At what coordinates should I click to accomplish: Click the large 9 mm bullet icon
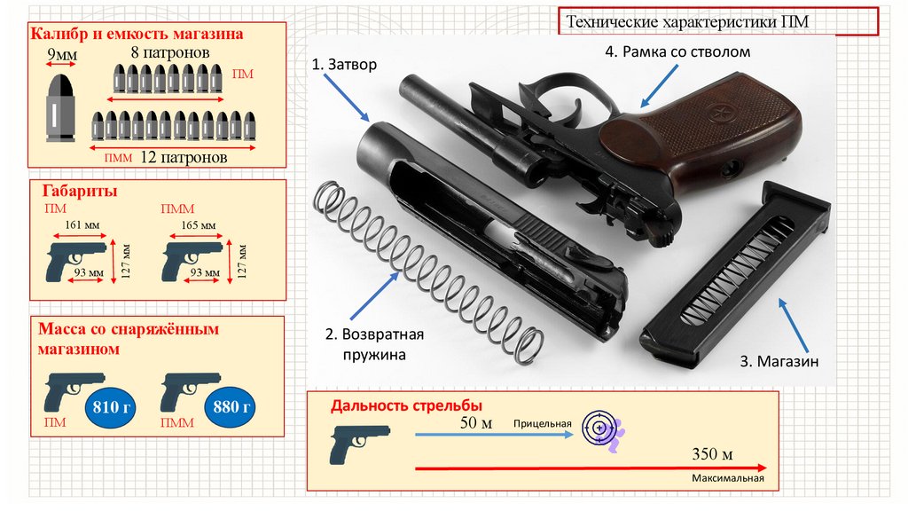(x=61, y=109)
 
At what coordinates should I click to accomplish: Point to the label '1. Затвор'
(x=344, y=66)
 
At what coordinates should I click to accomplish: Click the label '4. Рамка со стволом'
(x=677, y=52)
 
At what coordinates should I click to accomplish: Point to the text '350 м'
(x=712, y=455)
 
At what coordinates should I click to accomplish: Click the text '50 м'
(x=476, y=423)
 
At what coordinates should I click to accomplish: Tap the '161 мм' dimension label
(x=80, y=225)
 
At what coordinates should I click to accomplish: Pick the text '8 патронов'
(x=170, y=52)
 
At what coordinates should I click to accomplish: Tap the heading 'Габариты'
(x=81, y=192)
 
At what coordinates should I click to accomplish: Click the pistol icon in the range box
(x=359, y=443)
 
